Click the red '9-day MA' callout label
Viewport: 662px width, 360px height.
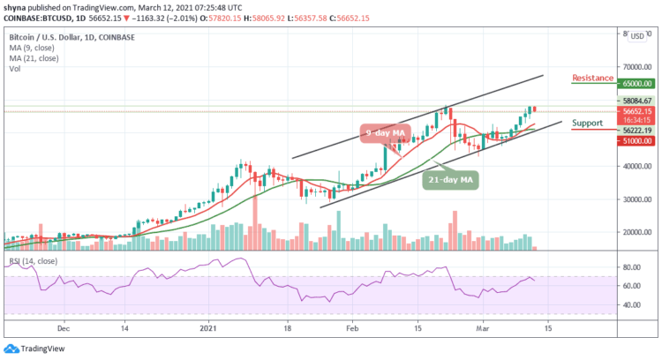pos(386,132)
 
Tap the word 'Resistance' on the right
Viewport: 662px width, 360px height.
pos(592,78)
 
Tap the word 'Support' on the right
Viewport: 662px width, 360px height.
pos(589,123)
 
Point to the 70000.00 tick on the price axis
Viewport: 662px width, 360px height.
pos(635,67)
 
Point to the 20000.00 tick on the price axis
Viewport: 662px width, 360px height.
pos(635,233)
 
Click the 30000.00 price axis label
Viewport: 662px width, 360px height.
pos(635,199)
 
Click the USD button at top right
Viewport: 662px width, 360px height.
pos(636,36)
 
